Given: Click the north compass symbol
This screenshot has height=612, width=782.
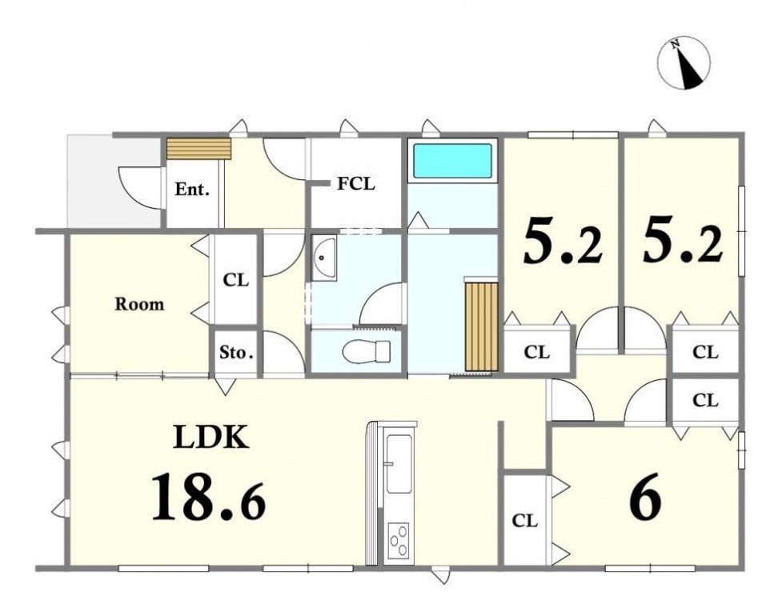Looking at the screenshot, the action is pyautogui.click(x=684, y=63).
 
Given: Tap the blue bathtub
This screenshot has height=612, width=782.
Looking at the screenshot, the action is pyautogui.click(x=453, y=161).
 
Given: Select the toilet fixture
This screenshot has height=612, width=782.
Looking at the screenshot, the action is pyautogui.click(x=366, y=351).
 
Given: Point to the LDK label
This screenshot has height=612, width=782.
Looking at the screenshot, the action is pyautogui.click(x=211, y=437).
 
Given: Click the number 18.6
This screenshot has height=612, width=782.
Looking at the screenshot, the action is pyautogui.click(x=208, y=498).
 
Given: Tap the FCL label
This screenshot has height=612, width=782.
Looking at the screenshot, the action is pyautogui.click(x=355, y=184).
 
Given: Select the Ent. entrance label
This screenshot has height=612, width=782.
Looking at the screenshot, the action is pyautogui.click(x=191, y=190).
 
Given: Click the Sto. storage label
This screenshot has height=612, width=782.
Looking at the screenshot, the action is pyautogui.click(x=236, y=353).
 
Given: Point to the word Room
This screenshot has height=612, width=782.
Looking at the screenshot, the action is pyautogui.click(x=139, y=304).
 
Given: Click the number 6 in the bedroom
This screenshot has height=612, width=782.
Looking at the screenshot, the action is pyautogui.click(x=645, y=502).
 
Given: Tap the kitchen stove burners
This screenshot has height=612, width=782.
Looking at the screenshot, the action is pyautogui.click(x=399, y=541).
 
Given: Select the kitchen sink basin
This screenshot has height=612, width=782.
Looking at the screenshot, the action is pyautogui.click(x=399, y=463).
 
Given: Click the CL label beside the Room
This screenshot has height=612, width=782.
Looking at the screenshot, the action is pyautogui.click(x=235, y=280).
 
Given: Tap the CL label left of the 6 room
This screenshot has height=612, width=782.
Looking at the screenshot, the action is pyautogui.click(x=524, y=521).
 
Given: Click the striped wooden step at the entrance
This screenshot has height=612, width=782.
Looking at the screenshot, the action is pyautogui.click(x=199, y=149).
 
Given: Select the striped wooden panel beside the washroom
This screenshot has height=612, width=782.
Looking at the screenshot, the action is pyautogui.click(x=481, y=326).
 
